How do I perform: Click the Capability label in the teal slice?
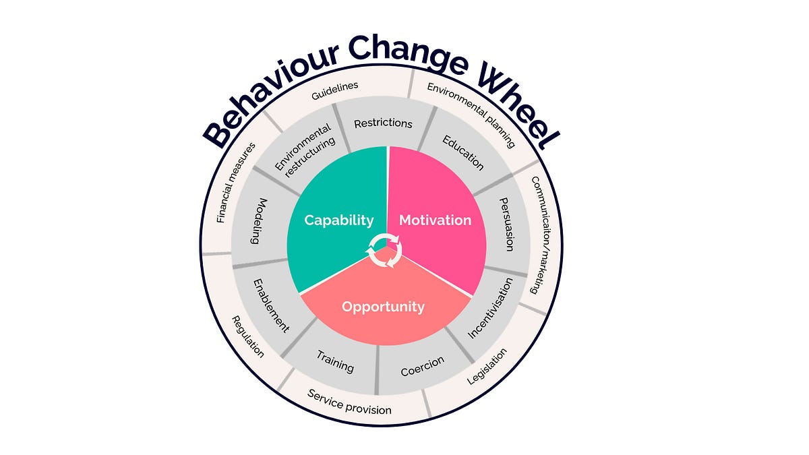pos(338,220)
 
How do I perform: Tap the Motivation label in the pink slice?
pos(435,220)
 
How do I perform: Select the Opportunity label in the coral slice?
pos(383,307)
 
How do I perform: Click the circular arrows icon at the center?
pos(384,250)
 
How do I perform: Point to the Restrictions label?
pos(383,123)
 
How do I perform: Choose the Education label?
pos(463,152)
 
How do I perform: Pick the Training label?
pos(335,364)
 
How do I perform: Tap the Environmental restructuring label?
pos(305,151)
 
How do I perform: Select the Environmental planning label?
pos(471,115)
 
